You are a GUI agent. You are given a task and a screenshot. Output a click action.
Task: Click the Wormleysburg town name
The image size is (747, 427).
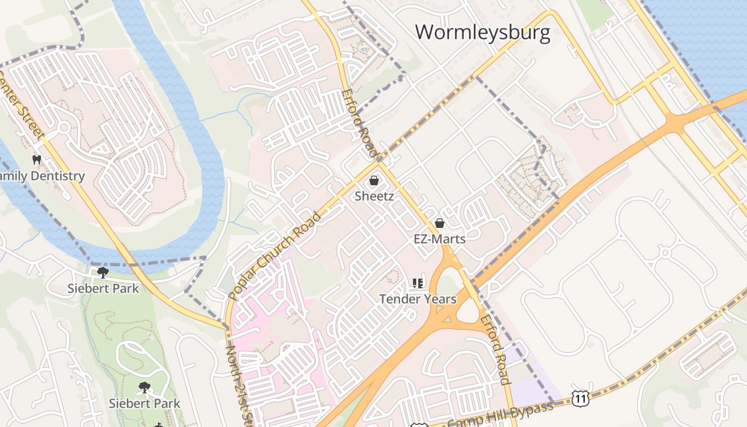coord(482,33)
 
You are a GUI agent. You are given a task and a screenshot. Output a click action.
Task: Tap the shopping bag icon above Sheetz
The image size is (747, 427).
coord(374,180)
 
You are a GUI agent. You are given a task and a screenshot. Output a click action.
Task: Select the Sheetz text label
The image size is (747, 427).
coord(374,196)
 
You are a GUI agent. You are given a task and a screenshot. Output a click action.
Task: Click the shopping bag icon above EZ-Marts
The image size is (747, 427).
coord(440,223)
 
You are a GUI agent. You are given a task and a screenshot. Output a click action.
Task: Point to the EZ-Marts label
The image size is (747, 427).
coord(440,239)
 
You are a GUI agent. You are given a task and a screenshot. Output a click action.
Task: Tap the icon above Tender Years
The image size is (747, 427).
coord(418,283)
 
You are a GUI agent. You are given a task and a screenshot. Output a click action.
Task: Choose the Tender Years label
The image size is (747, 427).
coord(418,299)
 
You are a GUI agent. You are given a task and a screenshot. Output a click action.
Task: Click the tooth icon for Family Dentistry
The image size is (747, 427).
coord(37,160)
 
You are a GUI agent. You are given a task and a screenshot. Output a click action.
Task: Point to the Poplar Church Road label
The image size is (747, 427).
coord(274,255)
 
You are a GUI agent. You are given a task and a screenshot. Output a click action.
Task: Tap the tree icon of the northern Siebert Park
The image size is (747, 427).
coord(103,273)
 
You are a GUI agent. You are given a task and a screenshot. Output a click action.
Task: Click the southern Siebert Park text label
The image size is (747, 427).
coord(144,403)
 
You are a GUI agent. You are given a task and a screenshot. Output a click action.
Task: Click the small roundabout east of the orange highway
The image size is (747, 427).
coord(665,251)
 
